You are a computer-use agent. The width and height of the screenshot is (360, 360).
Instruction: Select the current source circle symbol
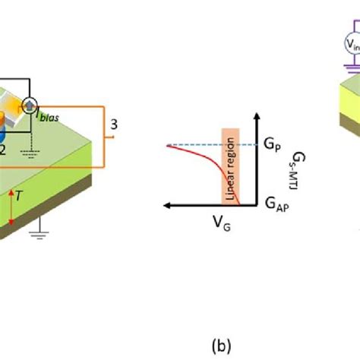(51, 105)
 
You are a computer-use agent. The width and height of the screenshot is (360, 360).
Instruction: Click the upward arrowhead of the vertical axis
(257, 116)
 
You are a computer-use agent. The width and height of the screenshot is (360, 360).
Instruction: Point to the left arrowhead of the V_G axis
(165, 205)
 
